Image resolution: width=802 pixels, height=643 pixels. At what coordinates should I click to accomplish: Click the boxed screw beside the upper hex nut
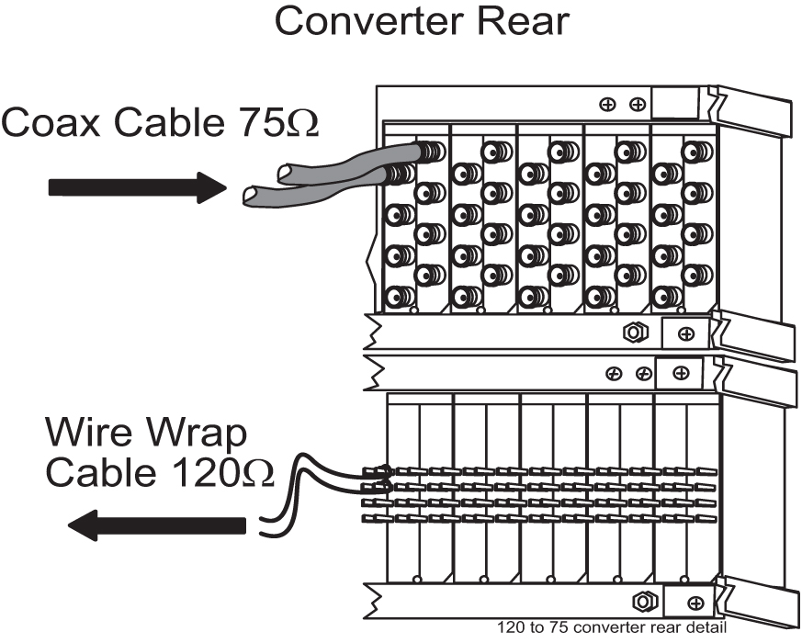click(685, 333)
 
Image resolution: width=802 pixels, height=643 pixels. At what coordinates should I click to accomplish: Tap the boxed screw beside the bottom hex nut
click(695, 603)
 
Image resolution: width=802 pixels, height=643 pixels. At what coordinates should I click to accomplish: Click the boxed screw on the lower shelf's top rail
click(681, 373)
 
